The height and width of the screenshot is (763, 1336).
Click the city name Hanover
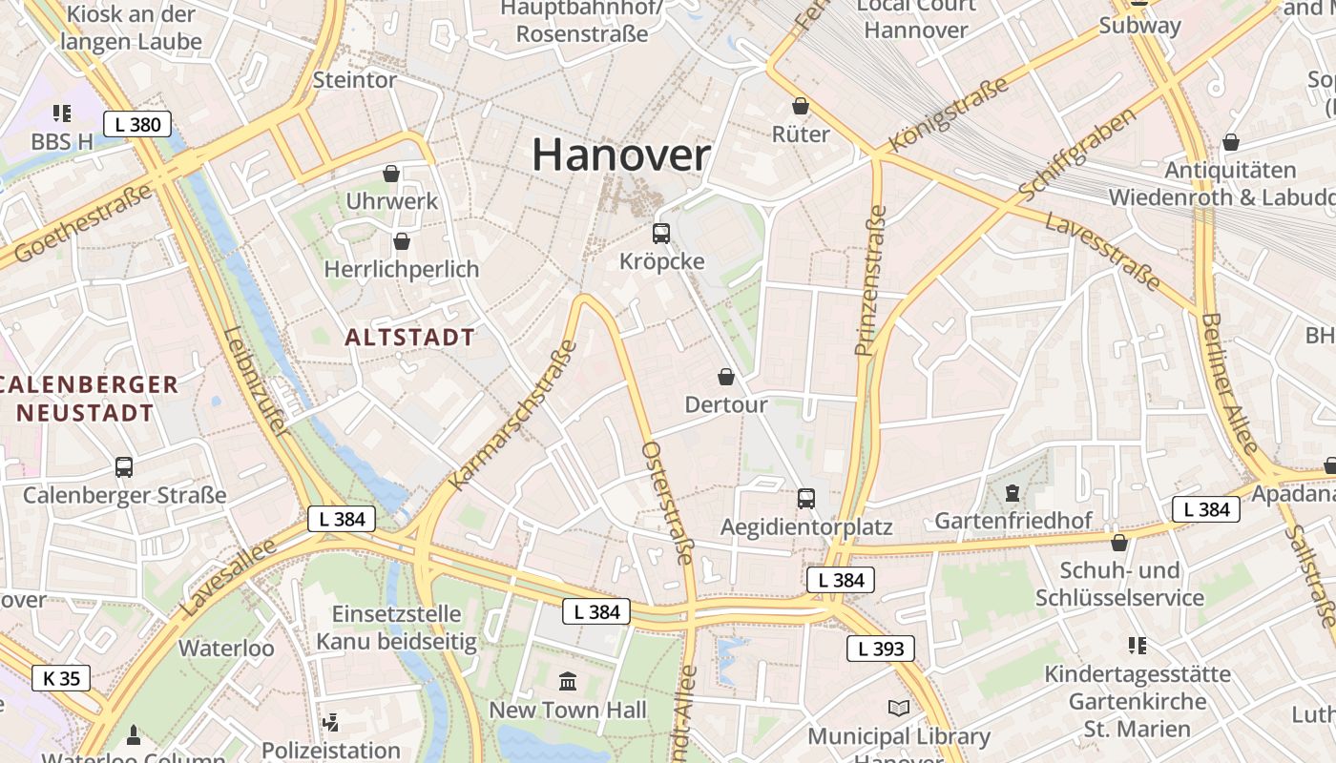(621, 155)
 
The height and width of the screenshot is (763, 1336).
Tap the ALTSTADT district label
(409, 337)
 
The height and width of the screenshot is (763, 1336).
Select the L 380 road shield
(137, 124)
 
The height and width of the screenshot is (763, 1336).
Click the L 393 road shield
(880, 650)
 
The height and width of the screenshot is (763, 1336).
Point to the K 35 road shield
(62, 678)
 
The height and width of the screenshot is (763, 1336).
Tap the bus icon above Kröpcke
(660, 233)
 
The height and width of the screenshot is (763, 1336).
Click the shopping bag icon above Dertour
(726, 377)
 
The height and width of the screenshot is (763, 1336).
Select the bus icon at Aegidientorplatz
(806, 498)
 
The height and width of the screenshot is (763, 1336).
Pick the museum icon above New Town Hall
(569, 681)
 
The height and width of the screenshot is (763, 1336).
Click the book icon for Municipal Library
(898, 708)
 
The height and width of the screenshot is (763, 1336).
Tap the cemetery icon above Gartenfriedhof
(1012, 493)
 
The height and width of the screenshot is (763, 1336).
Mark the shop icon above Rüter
(801, 106)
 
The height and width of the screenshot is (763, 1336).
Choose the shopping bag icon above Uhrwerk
(391, 173)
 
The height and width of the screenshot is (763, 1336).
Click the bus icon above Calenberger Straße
(124, 466)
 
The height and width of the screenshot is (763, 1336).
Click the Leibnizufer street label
(255, 381)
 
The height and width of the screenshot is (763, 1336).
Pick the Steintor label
(354, 80)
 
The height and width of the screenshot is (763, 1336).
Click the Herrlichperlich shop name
(401, 269)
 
